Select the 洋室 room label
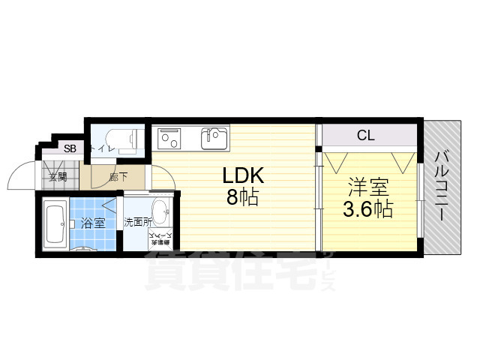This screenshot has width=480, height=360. click(x=367, y=186)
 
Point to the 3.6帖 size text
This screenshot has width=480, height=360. click(x=367, y=209)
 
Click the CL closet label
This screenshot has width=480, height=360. click(x=365, y=136)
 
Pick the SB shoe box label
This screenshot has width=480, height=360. click(x=70, y=148)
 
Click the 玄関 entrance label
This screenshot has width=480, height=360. click(x=58, y=178)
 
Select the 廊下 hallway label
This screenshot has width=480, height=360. click(x=117, y=177)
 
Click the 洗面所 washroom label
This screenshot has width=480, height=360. click(x=137, y=222)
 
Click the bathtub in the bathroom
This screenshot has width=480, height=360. click(x=55, y=222)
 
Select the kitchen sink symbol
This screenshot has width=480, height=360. click(x=214, y=138)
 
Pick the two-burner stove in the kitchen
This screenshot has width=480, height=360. click(x=169, y=139)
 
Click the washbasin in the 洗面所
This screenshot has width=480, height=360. click(x=160, y=208)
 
